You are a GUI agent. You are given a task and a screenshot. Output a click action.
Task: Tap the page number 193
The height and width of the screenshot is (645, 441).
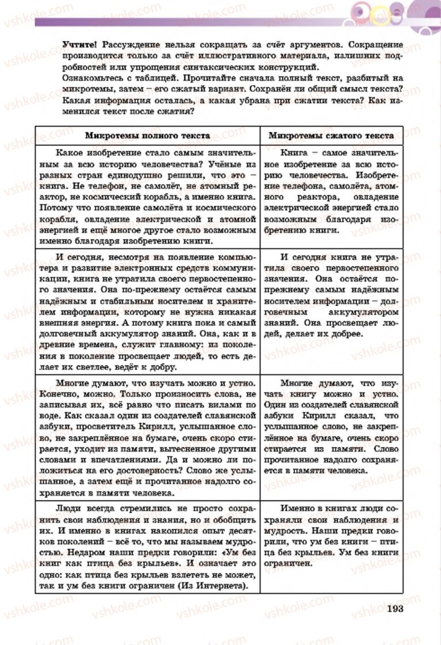(x=397, y=609)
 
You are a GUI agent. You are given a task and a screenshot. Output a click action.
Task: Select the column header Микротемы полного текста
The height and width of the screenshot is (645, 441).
(x=147, y=135)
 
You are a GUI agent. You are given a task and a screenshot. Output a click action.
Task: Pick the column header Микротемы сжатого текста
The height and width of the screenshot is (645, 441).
(x=331, y=135)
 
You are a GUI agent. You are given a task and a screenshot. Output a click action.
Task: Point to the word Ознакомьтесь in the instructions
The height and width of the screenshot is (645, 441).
(x=92, y=78)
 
